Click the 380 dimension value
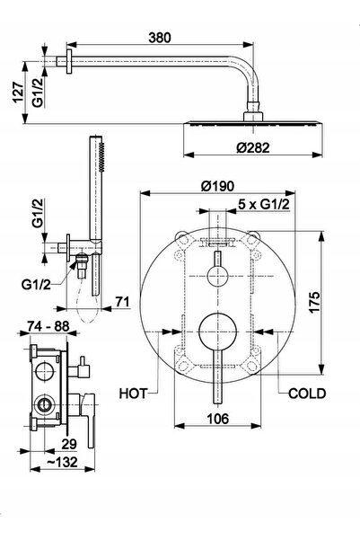159,38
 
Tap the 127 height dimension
18,93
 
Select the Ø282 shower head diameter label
253,147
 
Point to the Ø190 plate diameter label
217,186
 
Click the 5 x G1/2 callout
264,205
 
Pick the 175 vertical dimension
314,303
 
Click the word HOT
133,394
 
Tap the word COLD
307,394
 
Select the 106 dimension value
217,419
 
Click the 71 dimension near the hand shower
122,302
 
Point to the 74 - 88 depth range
48,326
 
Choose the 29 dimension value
69,444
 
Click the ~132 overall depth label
62,462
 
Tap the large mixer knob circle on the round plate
218,332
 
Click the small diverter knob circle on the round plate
218,276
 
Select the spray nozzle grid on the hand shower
101,157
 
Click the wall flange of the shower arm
69,61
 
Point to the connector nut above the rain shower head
253,117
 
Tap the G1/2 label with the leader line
36,285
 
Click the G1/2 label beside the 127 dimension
38,93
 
